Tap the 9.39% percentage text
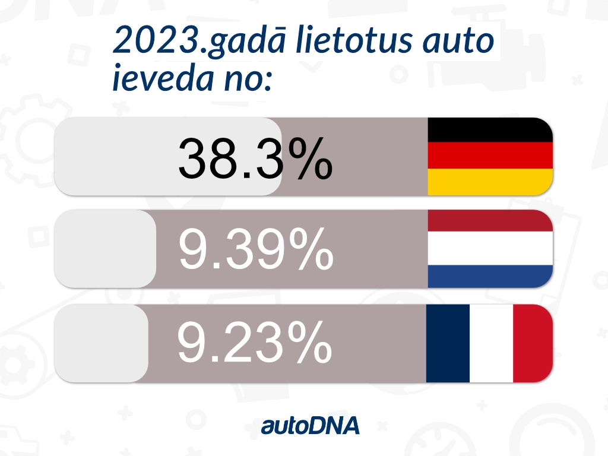pos(255,250)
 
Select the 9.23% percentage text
pos(254,343)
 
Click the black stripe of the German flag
pos(490,130)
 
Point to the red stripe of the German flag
pos(490,156)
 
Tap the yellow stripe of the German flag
pos(490,182)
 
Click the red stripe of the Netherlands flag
pos(490,221)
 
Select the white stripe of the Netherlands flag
pos(490,248)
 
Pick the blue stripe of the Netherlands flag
pos(490,275)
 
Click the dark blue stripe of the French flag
pos(448,343)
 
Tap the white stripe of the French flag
pos(491,343)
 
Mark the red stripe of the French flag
pos(533,343)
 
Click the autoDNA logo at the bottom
pos(311,425)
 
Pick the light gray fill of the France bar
pos(101,343)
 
